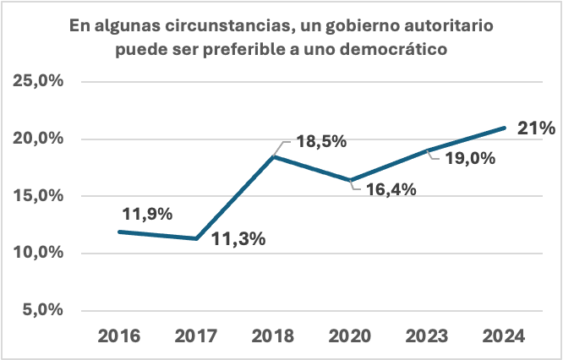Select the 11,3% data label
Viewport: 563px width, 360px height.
coord(238,239)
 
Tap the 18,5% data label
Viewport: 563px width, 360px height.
coord(320,142)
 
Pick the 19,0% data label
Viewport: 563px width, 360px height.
coord(467,158)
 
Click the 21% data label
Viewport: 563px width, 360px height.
coord(535,128)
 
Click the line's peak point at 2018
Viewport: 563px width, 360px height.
coord(274,156)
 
